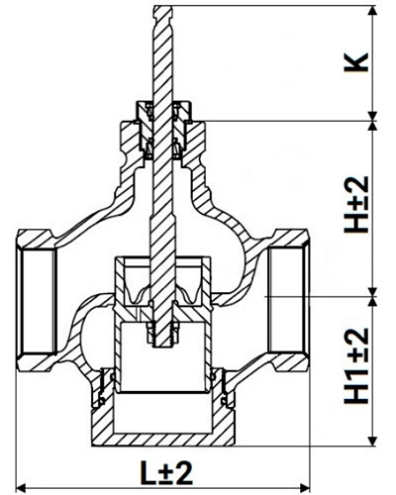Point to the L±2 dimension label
coord(166,473)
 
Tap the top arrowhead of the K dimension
coord(372,11)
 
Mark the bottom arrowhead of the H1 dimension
coord(372,442)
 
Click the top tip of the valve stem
coord(162,7)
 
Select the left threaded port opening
coord(37,301)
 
